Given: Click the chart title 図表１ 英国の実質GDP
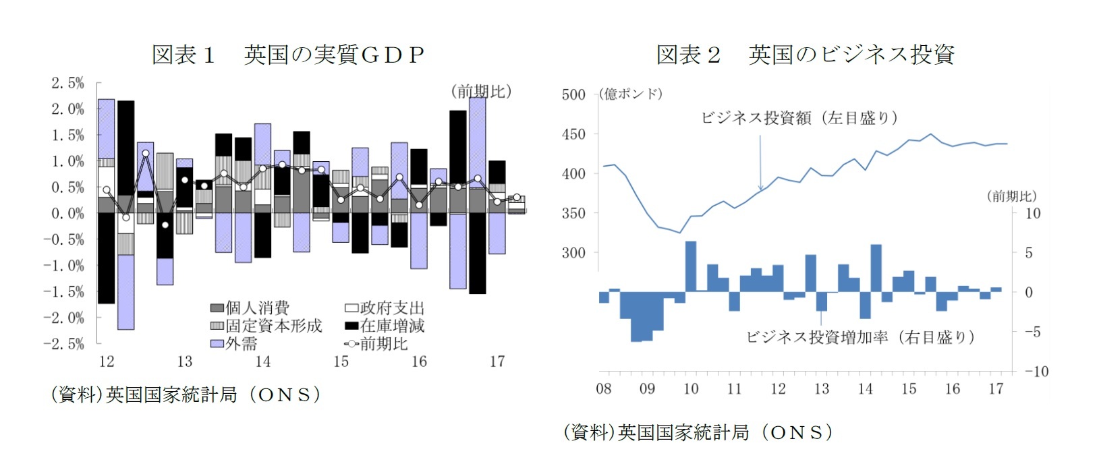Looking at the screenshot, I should coord(288,54).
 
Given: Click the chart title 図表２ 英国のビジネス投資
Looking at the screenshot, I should coord(805,54).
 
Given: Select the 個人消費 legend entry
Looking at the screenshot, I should coord(250,308).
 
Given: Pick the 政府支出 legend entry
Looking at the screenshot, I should coord(385,308).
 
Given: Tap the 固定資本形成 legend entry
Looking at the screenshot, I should coord(266,326).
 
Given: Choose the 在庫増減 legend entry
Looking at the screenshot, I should coord(385,326).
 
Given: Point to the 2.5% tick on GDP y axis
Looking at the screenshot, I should coord(67,83).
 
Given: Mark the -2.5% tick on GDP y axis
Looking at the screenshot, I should coord(64,343).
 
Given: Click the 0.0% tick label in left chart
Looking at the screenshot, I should coord(67,213).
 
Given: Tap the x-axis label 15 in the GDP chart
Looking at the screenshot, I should coord(341,362).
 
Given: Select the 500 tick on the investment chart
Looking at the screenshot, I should coord(573,94).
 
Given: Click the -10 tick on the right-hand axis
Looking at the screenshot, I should coord(1036,372).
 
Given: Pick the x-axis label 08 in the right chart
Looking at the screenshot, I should coord(604,389).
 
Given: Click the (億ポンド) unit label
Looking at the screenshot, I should coord(630,94).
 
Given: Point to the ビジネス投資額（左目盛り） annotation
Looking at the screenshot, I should coord(799,118).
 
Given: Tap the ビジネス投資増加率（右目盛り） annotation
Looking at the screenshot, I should coord(860,337).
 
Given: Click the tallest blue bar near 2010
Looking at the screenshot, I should coord(691,266).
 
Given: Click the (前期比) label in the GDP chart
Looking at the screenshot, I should coord(480,91).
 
